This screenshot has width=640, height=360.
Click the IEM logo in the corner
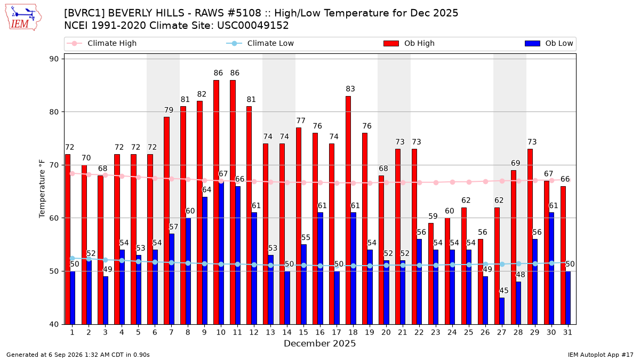coord(23,18)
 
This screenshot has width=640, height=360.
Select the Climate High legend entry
coord(102,43)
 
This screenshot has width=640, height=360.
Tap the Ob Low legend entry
coord(549,43)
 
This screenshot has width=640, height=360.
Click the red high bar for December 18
coord(348,210)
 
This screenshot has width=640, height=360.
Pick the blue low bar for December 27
coord(502,311)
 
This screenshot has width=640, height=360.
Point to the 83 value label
coord(350,89)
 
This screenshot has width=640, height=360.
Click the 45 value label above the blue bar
coord(503,291)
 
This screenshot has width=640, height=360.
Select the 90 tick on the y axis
coord(54,59)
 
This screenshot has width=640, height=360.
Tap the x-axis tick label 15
coord(303,332)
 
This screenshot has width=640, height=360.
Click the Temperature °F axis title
coord(42,189)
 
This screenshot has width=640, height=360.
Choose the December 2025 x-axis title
coord(319,343)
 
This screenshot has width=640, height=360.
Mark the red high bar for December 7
coord(166,221)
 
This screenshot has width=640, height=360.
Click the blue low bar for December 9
coord(205,261)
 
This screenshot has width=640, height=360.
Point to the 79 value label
coord(169,110)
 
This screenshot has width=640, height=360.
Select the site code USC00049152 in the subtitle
coord(253,26)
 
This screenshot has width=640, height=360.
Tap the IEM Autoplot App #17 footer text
coord(601,355)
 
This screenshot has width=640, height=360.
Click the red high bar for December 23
coord(430,274)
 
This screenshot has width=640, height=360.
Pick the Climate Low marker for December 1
coord(73,258)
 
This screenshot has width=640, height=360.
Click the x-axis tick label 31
coord(567,332)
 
